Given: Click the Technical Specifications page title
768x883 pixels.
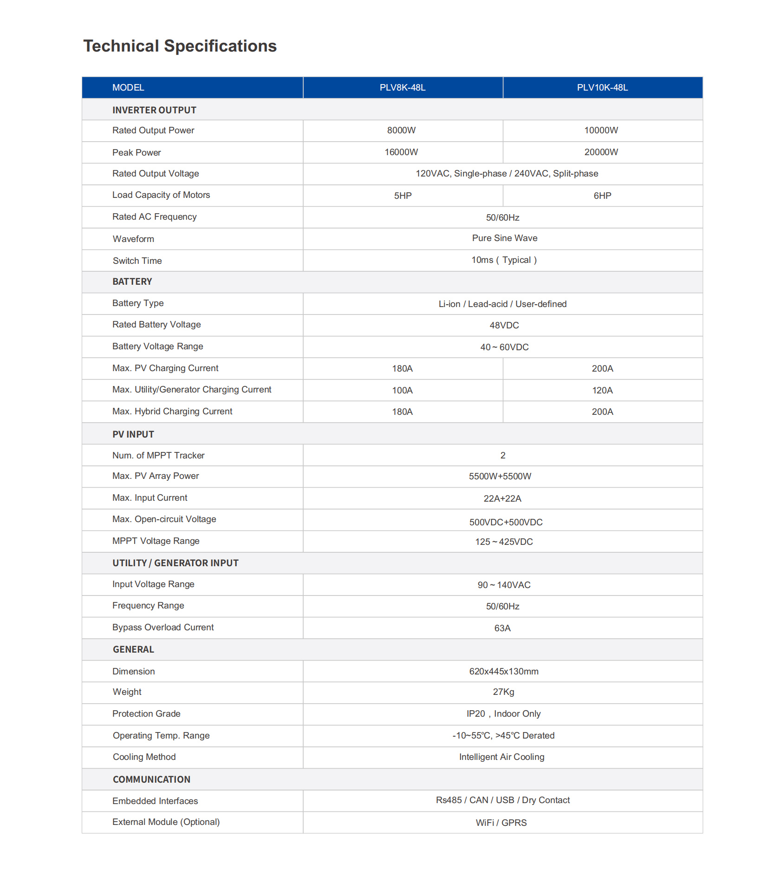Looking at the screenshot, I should [180, 46].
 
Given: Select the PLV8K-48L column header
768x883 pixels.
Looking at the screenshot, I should [403, 88].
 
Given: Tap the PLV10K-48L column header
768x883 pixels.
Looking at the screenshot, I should [602, 88].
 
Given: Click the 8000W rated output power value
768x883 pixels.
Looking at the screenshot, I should [401, 131].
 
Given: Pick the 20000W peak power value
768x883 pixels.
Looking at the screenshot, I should [601, 152].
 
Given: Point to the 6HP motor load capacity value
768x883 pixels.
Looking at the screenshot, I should [602, 196].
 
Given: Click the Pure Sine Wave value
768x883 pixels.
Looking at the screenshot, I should [504, 238].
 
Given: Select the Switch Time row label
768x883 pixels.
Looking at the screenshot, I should [137, 261].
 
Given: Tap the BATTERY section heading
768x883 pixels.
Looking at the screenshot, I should [132, 281].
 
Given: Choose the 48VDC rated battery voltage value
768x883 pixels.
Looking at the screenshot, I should [504, 326].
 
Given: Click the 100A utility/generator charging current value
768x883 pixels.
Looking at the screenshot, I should [402, 391].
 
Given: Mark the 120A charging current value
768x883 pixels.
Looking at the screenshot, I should [602, 391].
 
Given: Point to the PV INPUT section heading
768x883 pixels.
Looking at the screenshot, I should [133, 434].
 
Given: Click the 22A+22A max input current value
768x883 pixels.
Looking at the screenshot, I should [502, 499].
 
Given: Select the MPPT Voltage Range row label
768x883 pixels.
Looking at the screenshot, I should [156, 541].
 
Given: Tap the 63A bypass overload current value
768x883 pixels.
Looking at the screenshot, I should [502, 628].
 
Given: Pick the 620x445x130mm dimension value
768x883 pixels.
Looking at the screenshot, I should [504, 672].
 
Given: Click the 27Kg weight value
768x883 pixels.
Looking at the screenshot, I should [503, 692].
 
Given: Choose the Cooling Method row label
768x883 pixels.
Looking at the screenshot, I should [144, 757].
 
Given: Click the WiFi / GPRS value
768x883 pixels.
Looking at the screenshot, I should [501, 823].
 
